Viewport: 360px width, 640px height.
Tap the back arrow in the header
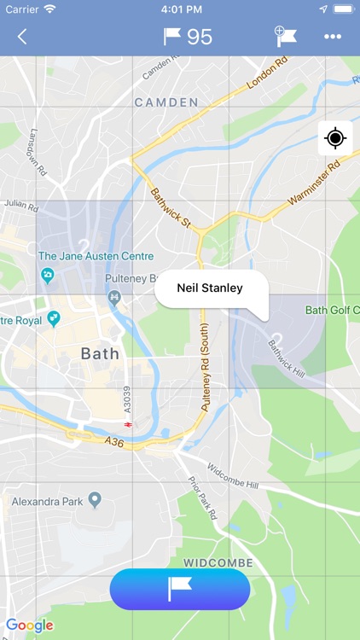22,37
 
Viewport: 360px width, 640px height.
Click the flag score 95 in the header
188,37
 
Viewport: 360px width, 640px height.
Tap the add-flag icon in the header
286,36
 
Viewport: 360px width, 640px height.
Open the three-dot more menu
333,37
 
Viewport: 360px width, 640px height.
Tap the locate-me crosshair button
334,138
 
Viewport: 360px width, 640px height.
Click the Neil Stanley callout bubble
210,288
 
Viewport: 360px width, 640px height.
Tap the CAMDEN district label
166,102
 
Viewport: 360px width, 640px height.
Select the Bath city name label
100,352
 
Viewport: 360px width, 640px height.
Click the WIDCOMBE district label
218,563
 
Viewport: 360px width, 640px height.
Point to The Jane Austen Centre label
96,256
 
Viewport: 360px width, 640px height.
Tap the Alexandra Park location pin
96,500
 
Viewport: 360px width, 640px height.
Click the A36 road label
114,441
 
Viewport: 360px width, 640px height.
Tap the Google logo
30,625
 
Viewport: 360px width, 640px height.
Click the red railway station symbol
128,424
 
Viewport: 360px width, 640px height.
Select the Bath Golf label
331,310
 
